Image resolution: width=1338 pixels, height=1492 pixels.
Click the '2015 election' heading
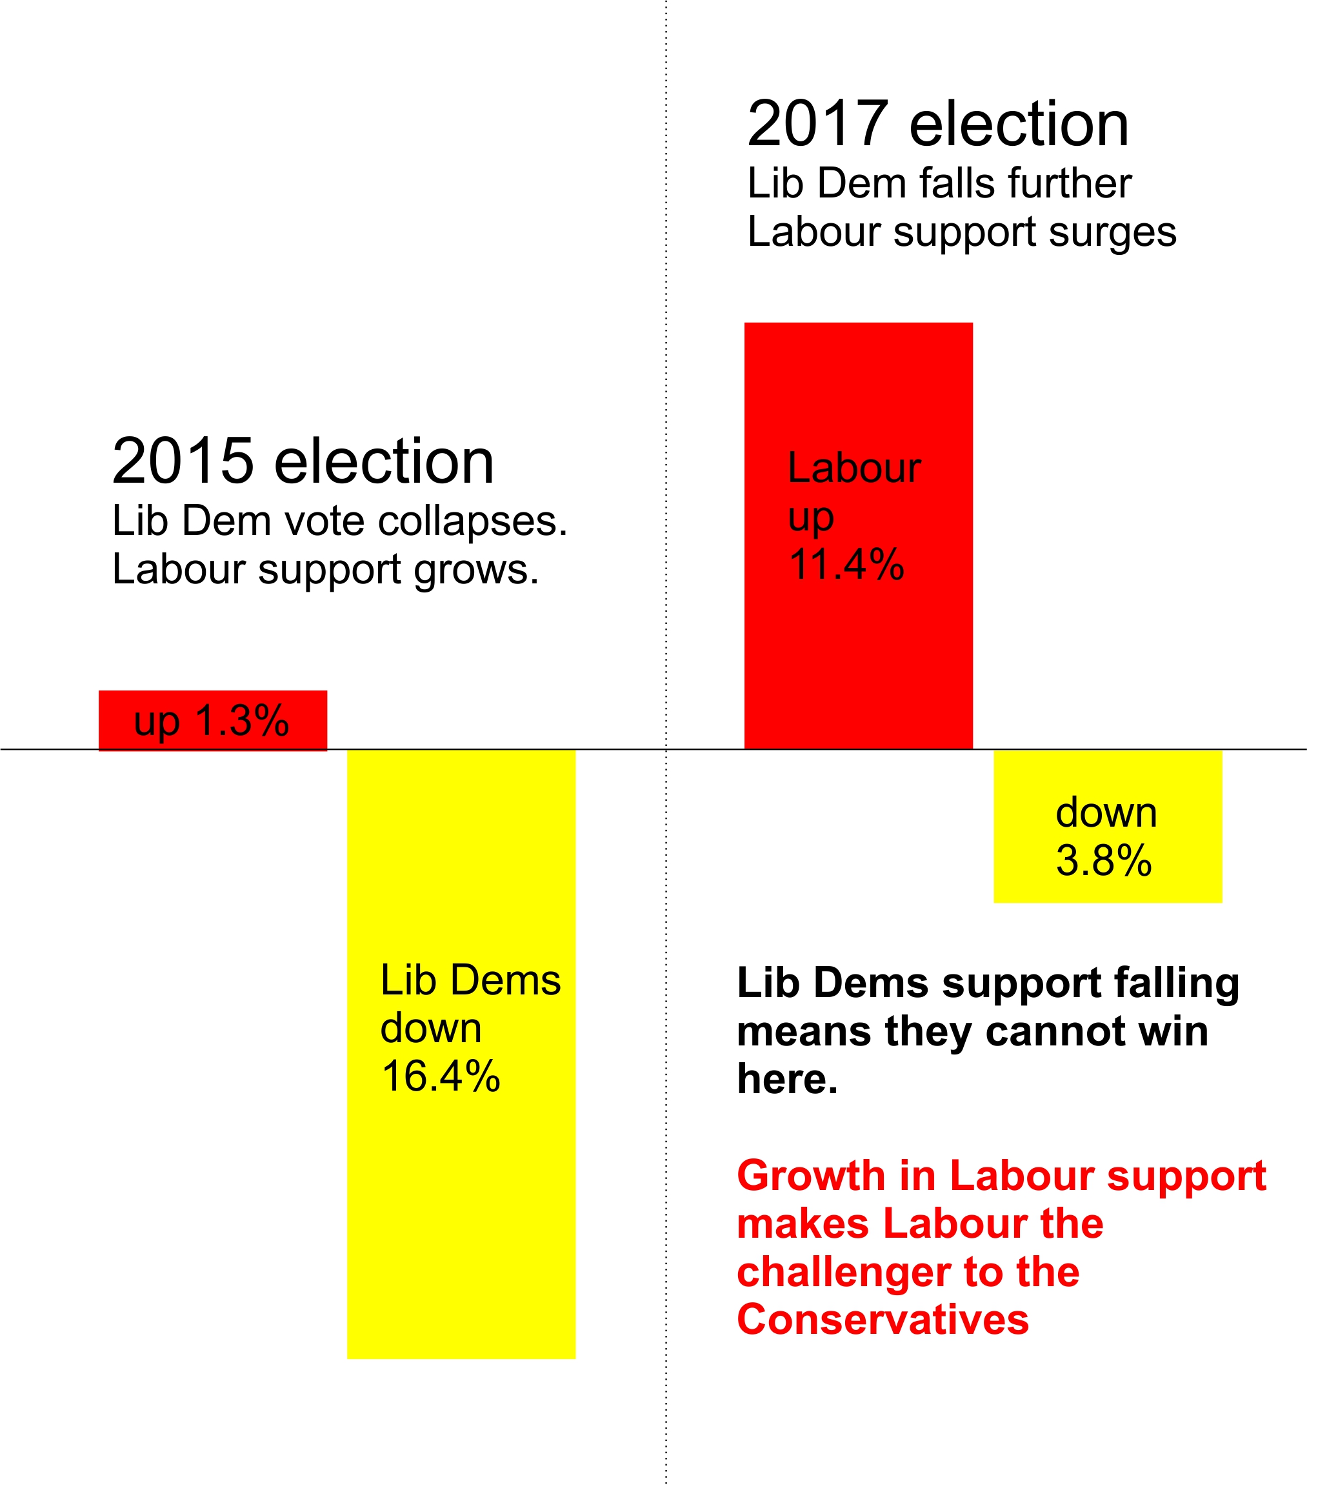303,462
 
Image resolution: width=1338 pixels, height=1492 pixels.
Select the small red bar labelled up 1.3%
212,721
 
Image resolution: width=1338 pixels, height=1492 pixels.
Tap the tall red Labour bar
858,647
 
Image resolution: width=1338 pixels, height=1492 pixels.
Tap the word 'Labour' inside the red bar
854,469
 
